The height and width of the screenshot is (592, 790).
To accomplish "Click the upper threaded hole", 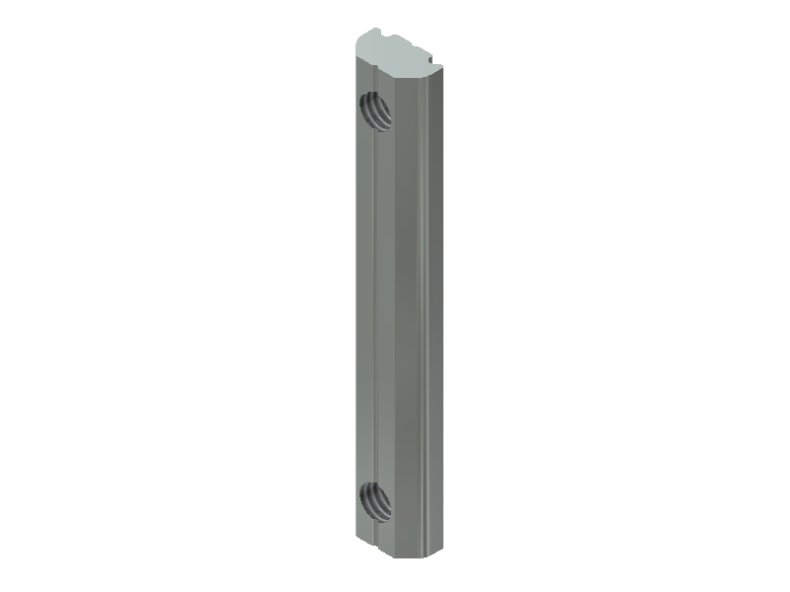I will tap(374, 108).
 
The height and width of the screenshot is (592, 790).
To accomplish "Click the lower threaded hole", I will tap(375, 500).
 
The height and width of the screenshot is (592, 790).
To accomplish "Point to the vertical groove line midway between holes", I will tap(376, 296).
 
